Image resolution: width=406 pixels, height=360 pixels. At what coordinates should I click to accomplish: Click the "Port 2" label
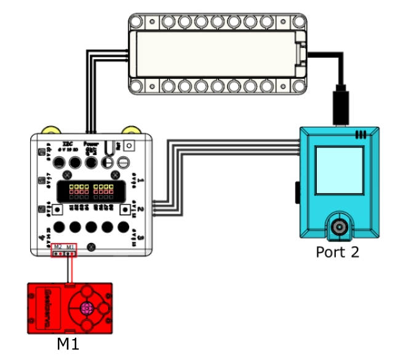coord(337,252)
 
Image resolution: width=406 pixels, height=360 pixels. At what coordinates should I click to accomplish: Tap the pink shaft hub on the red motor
coord(87,307)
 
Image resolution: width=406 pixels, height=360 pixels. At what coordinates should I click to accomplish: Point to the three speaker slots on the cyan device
coord(360,134)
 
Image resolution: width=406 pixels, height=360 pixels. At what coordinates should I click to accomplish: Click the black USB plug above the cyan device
coord(340,106)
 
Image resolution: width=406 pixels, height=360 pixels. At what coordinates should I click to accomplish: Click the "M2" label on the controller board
coord(58,246)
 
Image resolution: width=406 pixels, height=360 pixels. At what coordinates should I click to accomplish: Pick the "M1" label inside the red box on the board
coord(70,246)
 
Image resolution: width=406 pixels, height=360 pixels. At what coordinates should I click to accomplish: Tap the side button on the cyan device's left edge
coord(298,193)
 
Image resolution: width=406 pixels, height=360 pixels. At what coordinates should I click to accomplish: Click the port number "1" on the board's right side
coord(141,182)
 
